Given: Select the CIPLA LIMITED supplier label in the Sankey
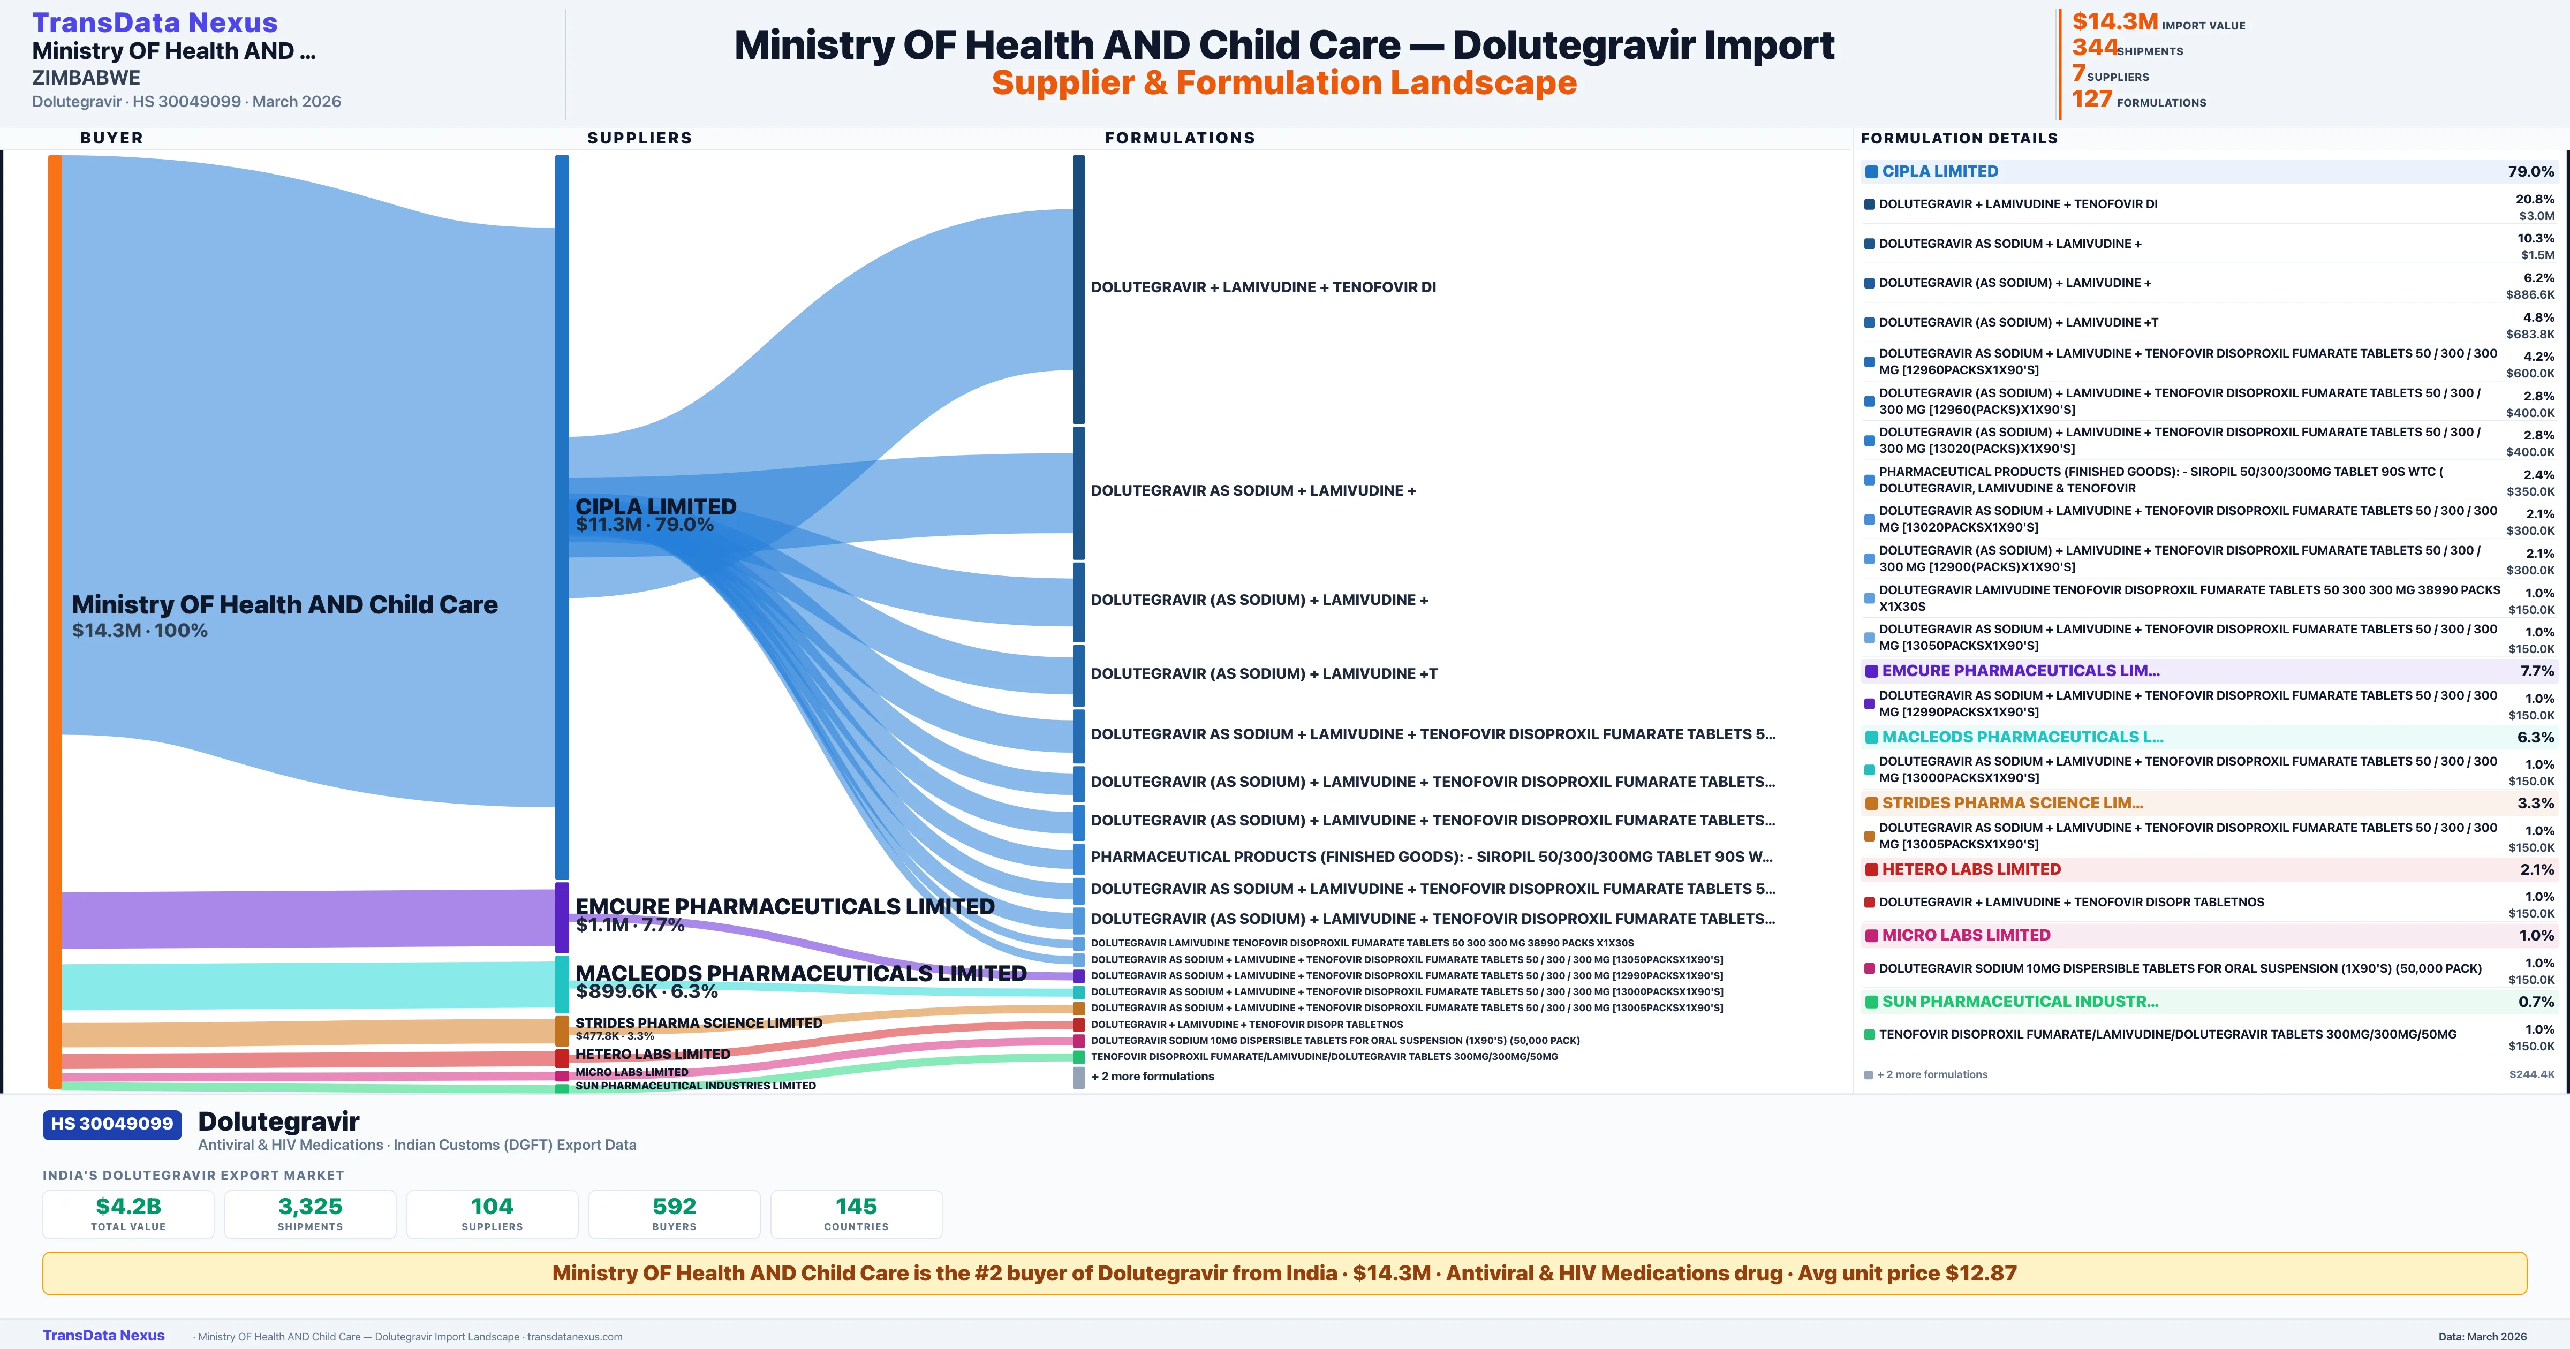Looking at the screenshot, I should [x=655, y=507].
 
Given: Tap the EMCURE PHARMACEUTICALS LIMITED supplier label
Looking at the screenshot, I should [x=784, y=907].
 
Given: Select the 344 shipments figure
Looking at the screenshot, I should [x=2094, y=48].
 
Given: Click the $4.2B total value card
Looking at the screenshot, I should [x=128, y=1214].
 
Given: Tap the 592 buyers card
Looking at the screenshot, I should [x=675, y=1214].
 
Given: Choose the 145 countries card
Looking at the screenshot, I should [x=856, y=1214].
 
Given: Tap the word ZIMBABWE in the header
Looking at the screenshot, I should [x=86, y=78].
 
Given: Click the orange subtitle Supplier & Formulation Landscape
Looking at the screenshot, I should [x=1284, y=83].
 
